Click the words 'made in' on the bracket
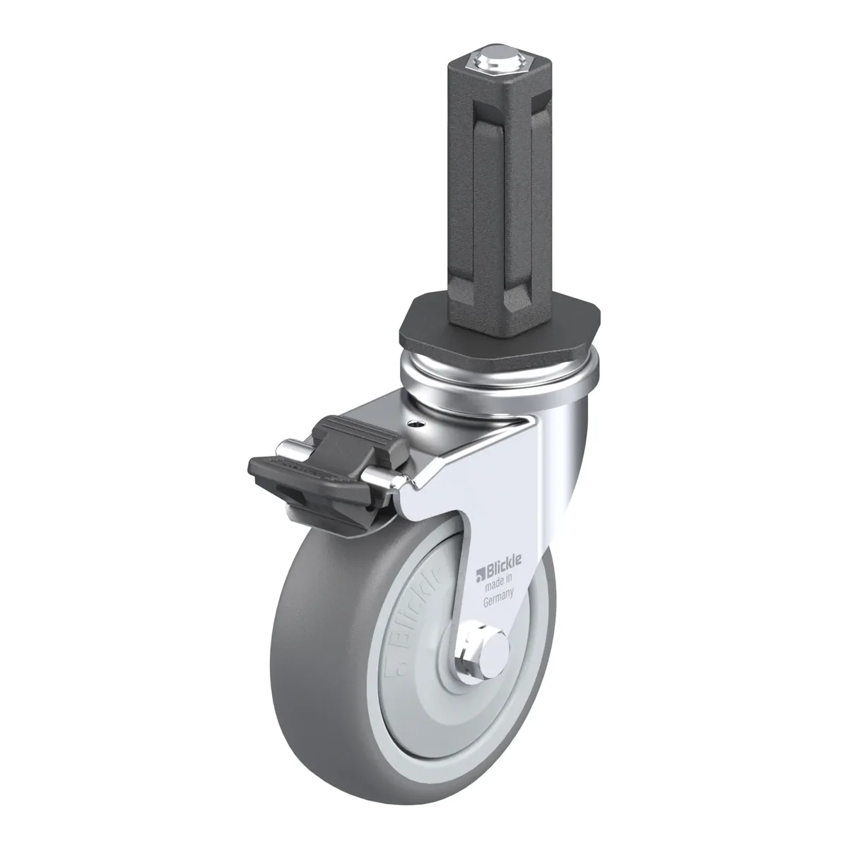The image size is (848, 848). pyautogui.click(x=498, y=584)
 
